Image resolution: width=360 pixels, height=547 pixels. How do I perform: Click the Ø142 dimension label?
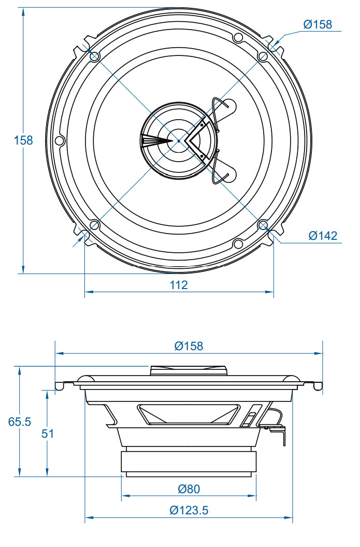pyautogui.click(x=323, y=236)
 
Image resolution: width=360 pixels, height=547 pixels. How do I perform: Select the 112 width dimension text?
pyautogui.click(x=179, y=284)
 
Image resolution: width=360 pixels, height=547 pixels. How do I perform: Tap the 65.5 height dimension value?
pyautogui.click(x=20, y=422)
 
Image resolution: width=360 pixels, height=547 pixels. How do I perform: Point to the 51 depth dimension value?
pyautogui.click(x=48, y=434)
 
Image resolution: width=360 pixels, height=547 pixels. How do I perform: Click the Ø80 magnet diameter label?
pyautogui.click(x=189, y=488)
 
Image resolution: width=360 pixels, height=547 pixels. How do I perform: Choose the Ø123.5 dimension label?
pyautogui.click(x=189, y=510)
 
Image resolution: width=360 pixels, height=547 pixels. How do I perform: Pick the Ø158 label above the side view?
pyautogui.click(x=189, y=346)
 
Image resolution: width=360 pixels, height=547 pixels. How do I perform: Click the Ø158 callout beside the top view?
pyautogui.click(x=318, y=24)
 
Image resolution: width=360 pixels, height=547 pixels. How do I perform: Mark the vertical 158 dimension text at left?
pyautogui.click(x=23, y=140)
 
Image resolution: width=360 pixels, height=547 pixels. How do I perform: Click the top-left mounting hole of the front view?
pyautogui.click(x=94, y=56)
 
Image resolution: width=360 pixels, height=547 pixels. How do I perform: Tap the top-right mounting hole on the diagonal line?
pyautogui.click(x=263, y=56)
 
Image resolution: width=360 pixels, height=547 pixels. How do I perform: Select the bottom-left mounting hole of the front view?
pyautogui.click(x=94, y=225)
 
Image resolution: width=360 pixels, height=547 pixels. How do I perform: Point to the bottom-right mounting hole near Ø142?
pyautogui.click(x=263, y=225)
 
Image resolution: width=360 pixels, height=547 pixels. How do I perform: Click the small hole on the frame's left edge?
pyautogui.click(x=60, y=140)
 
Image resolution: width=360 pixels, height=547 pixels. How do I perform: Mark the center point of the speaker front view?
pyautogui.click(x=179, y=140)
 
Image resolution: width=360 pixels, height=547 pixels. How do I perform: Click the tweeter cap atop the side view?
pyautogui.click(x=189, y=371)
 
